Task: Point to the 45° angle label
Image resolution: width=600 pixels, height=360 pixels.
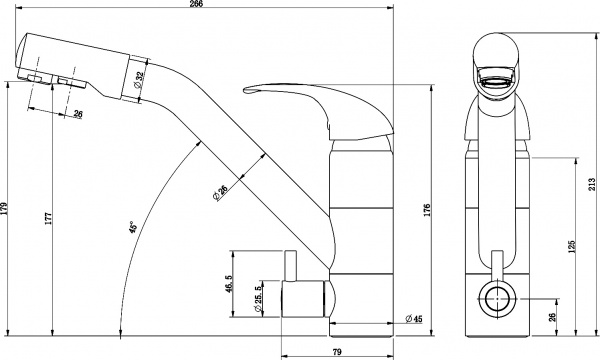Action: tap(132, 227)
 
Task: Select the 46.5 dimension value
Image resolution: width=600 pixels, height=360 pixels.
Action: tap(229, 284)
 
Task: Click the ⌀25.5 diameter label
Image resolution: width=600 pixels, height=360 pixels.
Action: tap(258, 301)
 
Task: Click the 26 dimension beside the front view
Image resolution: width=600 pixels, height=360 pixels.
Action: tap(552, 317)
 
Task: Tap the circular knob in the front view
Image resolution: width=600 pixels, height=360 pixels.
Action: tap(493, 297)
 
